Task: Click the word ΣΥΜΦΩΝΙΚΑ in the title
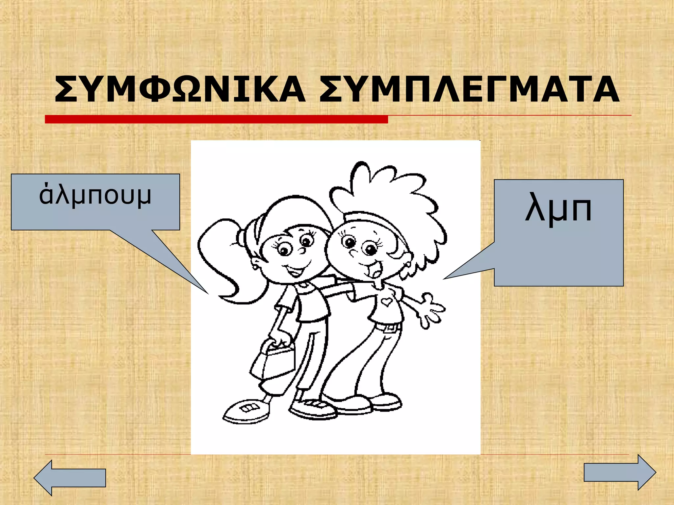click(179, 89)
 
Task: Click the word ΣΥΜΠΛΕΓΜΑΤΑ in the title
click(469, 89)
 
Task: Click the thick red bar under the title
click(216, 119)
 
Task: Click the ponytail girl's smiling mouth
click(294, 271)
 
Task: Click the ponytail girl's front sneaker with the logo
click(246, 411)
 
